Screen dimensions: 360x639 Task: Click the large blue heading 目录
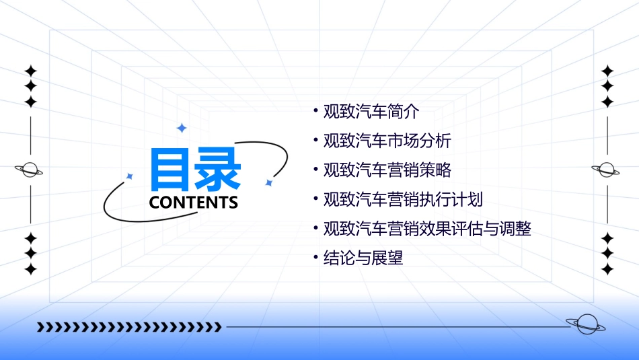coord(195,168)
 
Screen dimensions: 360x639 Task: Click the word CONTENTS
coord(193,203)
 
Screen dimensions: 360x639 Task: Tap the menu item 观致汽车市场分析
coord(387,141)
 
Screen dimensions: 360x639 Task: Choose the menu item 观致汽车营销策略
coord(387,170)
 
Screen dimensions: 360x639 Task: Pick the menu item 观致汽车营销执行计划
coord(402,200)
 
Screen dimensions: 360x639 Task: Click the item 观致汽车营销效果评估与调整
coord(427,229)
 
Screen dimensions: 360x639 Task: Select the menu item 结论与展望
coord(363,258)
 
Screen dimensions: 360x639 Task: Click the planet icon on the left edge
coord(30,170)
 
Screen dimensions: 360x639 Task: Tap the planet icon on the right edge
coord(607,170)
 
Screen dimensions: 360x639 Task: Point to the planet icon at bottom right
coord(586,325)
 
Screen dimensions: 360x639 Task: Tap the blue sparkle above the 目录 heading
coord(181,127)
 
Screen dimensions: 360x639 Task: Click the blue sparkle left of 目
coord(130,176)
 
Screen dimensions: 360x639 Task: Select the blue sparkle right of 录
coord(268,182)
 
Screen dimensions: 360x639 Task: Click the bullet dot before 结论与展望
coord(316,258)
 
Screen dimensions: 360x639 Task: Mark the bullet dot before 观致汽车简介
coord(316,112)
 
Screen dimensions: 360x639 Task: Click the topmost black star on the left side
coord(30,71)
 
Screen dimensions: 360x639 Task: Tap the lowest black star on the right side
coord(607,269)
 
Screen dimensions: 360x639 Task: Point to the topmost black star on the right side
coord(607,71)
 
